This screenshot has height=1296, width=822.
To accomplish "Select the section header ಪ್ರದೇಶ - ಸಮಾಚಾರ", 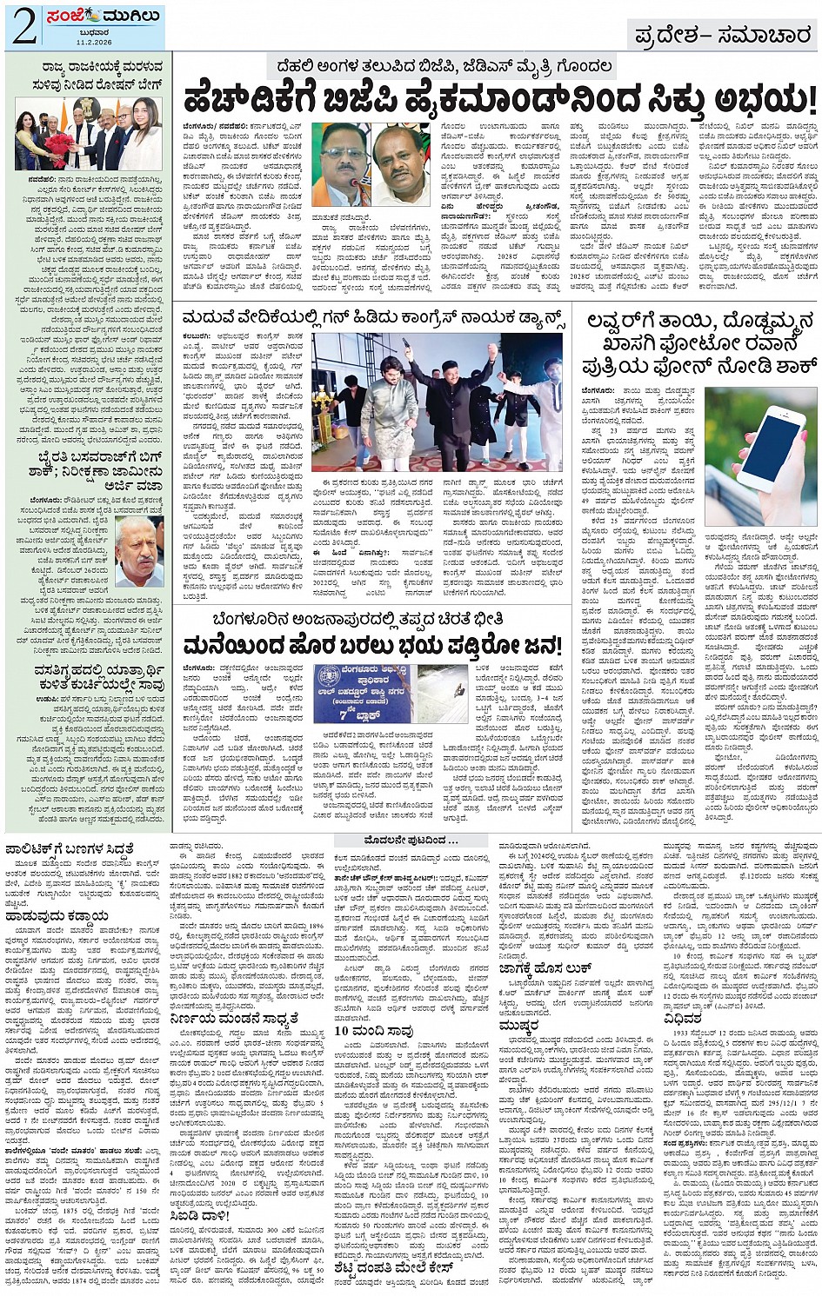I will tap(723, 36).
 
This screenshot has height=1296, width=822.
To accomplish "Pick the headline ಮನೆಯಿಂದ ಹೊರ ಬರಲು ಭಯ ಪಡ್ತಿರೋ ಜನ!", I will tap(372, 646).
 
